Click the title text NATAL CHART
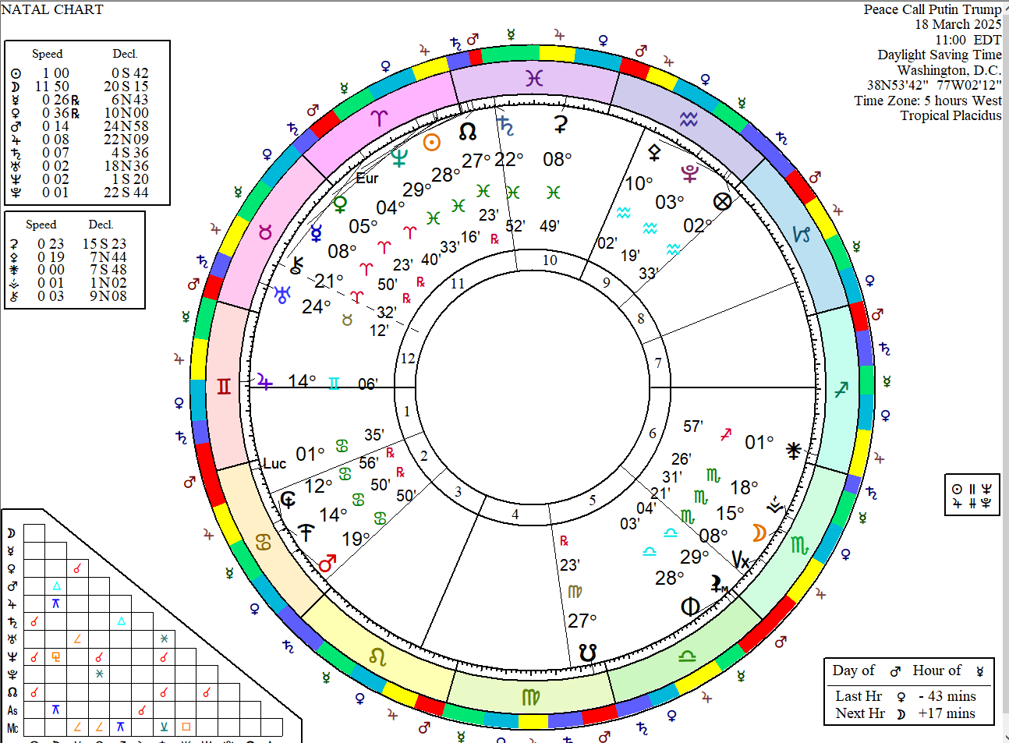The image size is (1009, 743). [x=52, y=9]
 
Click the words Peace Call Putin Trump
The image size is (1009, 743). [x=932, y=9]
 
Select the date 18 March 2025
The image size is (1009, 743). [x=958, y=24]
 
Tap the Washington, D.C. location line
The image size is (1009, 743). [x=949, y=70]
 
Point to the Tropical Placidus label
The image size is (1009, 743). [x=951, y=115]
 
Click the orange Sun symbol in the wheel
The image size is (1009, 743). [x=431, y=142]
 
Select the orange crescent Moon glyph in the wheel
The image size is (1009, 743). [x=759, y=532]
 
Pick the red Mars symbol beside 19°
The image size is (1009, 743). [x=327, y=563]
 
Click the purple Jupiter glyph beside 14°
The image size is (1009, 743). [x=265, y=382]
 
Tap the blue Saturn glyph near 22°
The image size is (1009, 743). [x=506, y=126]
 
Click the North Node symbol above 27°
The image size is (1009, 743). [x=468, y=131]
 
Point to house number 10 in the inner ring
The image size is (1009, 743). [x=550, y=260]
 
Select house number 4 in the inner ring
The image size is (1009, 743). [x=515, y=515]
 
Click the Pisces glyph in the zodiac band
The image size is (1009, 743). [x=534, y=78]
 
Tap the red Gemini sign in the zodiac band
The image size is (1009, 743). [x=224, y=387]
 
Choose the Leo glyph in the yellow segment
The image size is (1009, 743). [x=378, y=656]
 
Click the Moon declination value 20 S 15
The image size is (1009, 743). [x=126, y=87]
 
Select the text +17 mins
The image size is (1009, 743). [x=947, y=713]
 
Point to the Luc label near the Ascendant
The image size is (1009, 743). [x=274, y=463]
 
